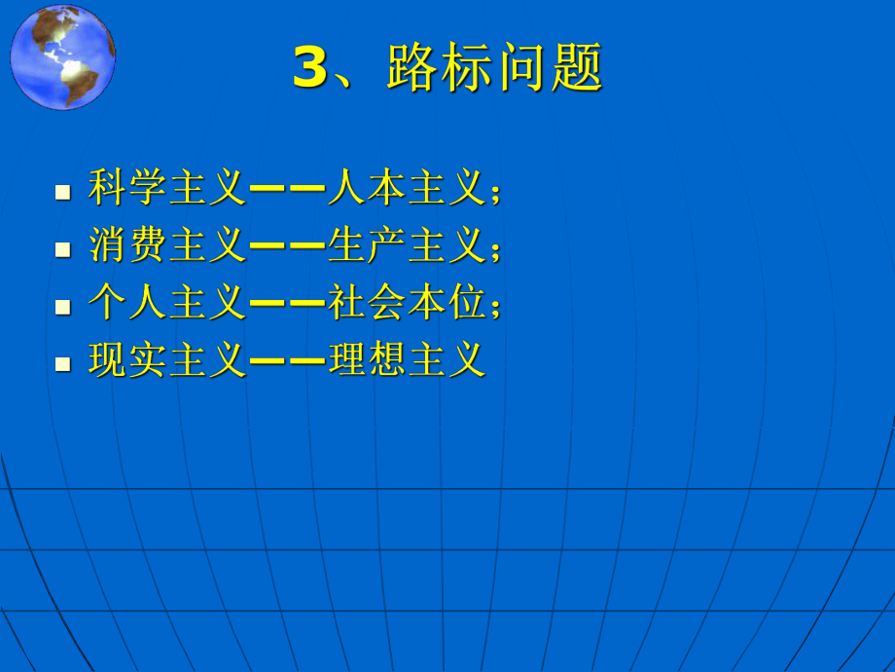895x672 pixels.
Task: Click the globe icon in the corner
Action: [x=63, y=56]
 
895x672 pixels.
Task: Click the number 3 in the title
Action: [x=310, y=69]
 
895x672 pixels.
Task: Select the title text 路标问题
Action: [x=495, y=69]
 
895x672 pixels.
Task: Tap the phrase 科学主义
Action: [x=167, y=187]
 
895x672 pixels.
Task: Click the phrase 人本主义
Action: [x=406, y=187]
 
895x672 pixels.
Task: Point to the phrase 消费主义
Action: [x=167, y=245]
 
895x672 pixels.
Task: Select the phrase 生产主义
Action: [x=406, y=245]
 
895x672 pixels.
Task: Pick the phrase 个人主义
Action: [x=167, y=304]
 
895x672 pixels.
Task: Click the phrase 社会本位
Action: [x=406, y=304]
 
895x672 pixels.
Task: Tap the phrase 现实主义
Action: [x=167, y=361]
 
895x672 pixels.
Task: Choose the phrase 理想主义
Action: [x=406, y=361]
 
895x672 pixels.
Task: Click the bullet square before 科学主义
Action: [x=64, y=191]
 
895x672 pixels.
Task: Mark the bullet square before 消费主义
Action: [x=64, y=249]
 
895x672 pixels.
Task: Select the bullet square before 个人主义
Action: [x=64, y=307]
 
